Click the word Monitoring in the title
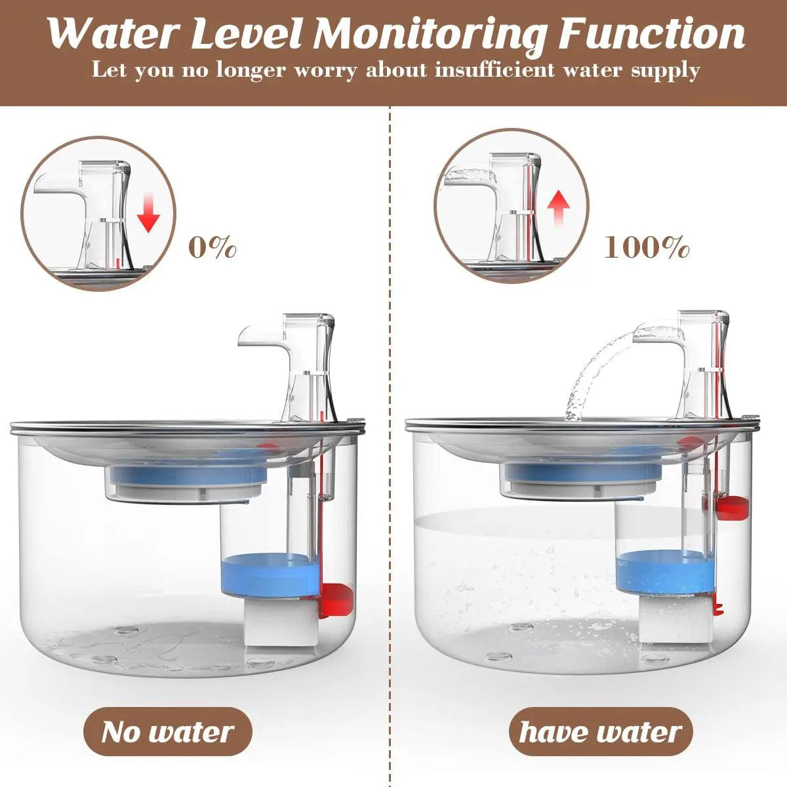coord(429,34)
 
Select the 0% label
coord(212,248)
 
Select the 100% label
coord(646,248)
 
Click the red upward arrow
coord(559,207)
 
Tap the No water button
coord(167,731)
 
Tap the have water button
coord(600,731)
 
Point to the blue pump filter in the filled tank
coord(662,569)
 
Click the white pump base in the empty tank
coord(278,623)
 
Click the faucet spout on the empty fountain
coord(252,336)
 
